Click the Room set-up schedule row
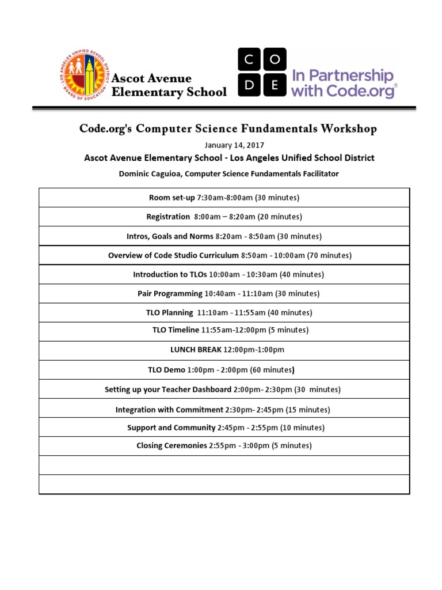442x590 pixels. click(224, 198)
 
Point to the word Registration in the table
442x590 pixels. click(168, 217)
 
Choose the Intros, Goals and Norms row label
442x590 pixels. click(170, 236)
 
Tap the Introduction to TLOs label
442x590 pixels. click(170, 275)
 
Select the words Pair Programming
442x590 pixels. click(170, 294)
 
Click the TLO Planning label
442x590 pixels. click(169, 313)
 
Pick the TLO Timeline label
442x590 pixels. click(176, 330)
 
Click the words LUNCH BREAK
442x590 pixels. click(196, 350)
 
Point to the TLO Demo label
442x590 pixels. click(166, 370)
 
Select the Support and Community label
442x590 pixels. click(172, 428)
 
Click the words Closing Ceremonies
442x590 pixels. click(172, 445)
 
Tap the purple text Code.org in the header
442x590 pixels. click(360, 90)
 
